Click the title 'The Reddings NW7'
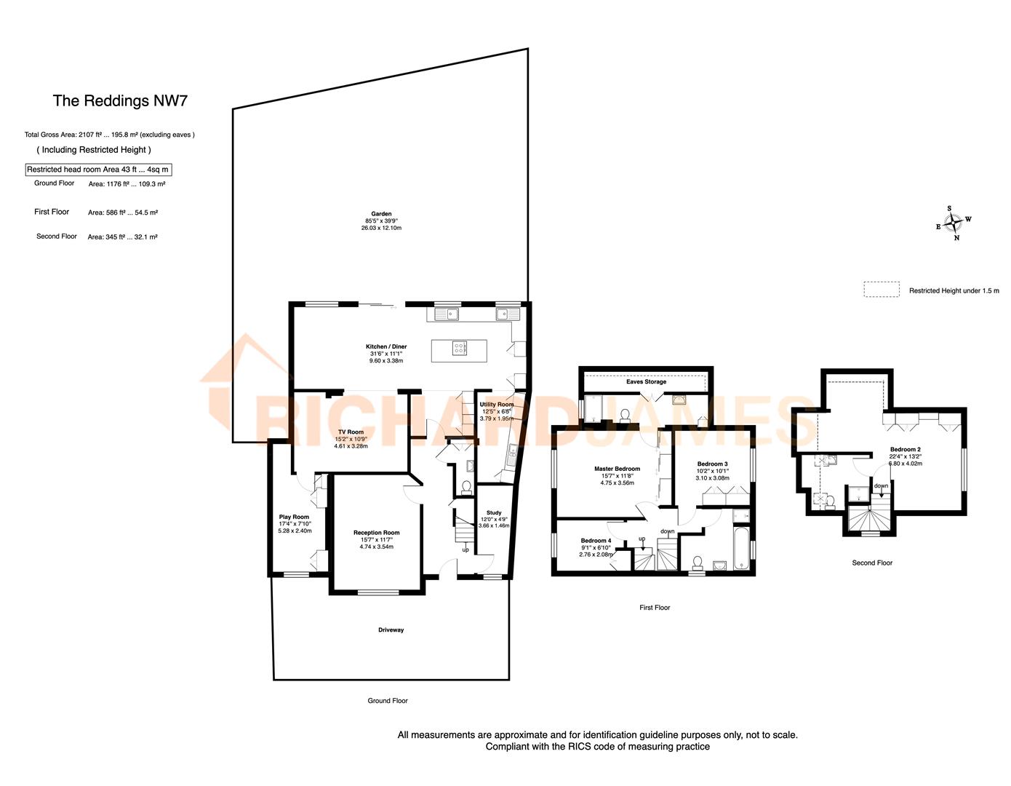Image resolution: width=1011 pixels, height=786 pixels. [x=120, y=101]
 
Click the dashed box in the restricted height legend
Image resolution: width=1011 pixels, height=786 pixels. [x=881, y=290]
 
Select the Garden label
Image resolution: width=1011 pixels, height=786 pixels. [x=381, y=214]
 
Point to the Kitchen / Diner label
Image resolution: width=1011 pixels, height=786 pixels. [x=386, y=347]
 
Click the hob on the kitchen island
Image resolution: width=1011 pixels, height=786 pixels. [x=460, y=349]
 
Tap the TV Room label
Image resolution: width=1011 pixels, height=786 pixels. [x=351, y=432]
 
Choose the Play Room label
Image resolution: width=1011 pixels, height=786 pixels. [x=295, y=517]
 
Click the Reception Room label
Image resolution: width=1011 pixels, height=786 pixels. [x=376, y=533]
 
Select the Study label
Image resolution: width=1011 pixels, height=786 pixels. [x=494, y=513]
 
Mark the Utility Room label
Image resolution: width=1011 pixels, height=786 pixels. [x=496, y=405]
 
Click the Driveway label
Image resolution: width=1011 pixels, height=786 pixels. [x=391, y=630]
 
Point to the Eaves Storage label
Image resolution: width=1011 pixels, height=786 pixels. [x=646, y=382]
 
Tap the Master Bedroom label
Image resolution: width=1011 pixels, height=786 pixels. [x=617, y=469]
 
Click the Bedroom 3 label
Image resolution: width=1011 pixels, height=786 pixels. [x=712, y=464]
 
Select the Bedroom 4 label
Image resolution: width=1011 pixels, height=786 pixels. [x=596, y=541]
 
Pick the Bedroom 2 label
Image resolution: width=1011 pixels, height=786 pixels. [x=905, y=450]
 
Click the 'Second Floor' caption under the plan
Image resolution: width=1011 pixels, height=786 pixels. [x=872, y=563]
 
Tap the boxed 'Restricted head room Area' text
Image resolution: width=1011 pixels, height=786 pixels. [x=98, y=170]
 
